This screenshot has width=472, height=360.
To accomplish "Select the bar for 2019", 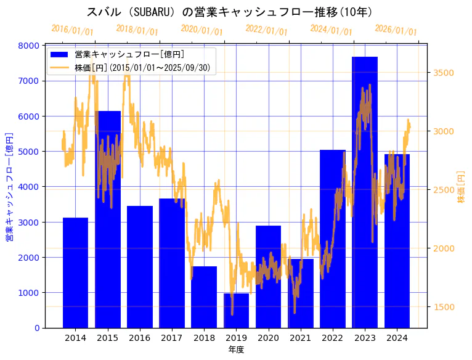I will (236, 311).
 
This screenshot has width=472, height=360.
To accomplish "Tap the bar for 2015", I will (108, 219).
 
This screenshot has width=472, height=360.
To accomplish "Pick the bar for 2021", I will (300, 293).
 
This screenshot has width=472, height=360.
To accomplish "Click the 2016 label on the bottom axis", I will (140, 338).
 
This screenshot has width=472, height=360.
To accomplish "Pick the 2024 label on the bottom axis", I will (397, 338).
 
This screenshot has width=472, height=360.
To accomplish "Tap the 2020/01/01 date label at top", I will (201, 30).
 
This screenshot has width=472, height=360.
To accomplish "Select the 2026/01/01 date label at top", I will (396, 30).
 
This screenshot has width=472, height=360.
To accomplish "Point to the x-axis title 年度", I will (236, 350).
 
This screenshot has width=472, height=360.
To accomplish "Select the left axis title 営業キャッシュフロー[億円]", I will (9, 186).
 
